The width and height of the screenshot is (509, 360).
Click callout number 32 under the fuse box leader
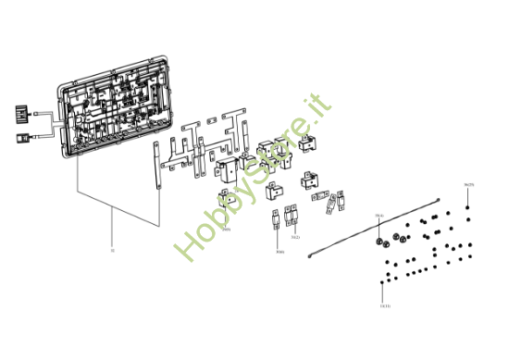click(112, 250)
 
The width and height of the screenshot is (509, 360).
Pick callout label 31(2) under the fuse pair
click(295, 238)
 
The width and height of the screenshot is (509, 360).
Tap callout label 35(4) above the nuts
click(379, 217)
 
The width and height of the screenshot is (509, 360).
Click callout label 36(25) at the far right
click(469, 185)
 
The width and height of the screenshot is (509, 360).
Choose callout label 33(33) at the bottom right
click(385, 305)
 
